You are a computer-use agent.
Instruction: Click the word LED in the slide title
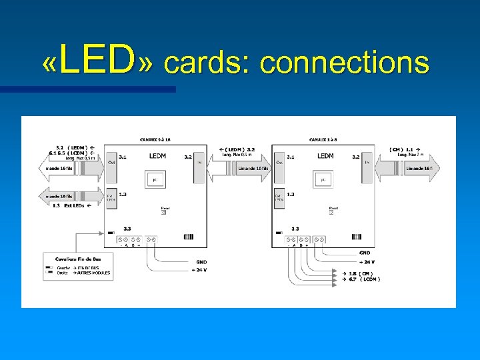(97, 61)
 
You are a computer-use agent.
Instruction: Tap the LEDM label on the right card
(325, 156)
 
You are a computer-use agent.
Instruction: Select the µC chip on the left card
(155, 180)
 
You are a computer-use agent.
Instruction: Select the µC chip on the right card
(323, 180)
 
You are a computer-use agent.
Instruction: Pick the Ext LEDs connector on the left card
(111, 198)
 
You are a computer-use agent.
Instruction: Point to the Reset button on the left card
(165, 213)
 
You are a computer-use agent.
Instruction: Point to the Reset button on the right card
(333, 213)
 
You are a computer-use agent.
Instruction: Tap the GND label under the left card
(201, 262)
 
